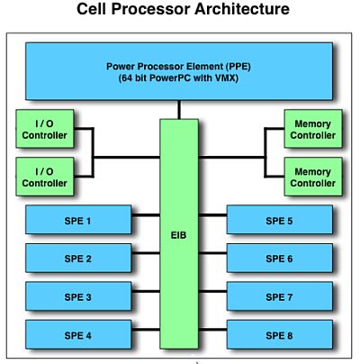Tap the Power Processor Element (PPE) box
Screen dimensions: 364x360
[x=180, y=72]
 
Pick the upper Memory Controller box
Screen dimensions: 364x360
[x=312, y=129]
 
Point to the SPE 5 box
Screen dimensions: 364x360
[x=280, y=220]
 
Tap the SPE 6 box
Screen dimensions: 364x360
[x=280, y=259]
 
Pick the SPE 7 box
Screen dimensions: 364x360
[x=280, y=296]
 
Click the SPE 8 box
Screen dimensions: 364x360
[x=280, y=335]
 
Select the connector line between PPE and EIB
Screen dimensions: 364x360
[x=179, y=110]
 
